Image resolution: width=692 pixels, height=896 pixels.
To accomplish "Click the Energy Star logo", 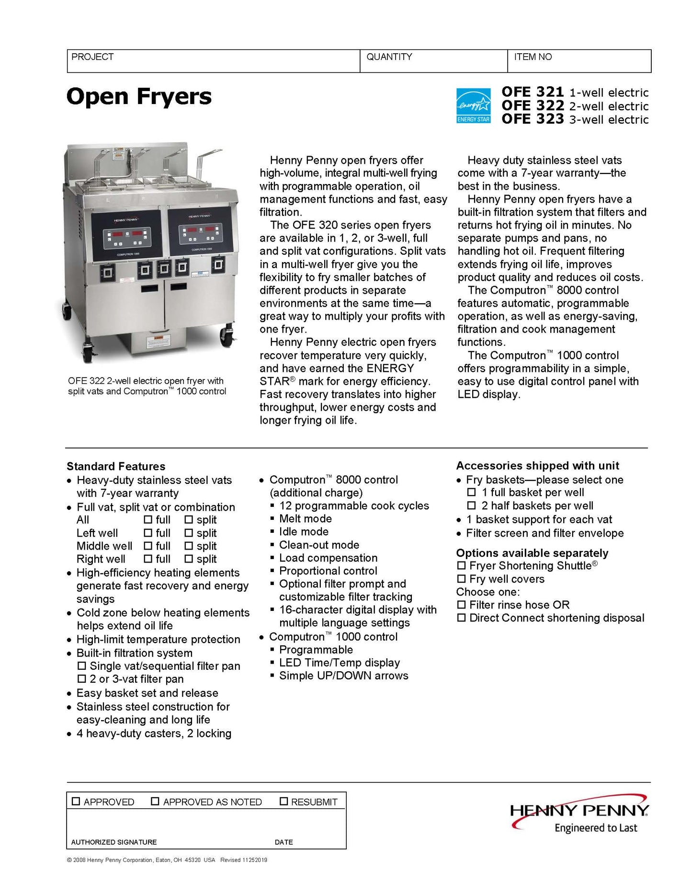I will coord(473,105).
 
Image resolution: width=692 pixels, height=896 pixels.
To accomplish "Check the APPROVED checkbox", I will coord(76,801).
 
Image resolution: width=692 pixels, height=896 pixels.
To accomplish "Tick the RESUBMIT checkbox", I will coord(284,801).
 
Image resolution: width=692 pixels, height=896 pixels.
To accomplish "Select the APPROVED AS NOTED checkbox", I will coord(155,801).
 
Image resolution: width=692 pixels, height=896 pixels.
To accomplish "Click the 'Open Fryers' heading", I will coord(139,96).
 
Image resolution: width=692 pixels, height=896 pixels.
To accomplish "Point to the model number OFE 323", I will coord(533,119).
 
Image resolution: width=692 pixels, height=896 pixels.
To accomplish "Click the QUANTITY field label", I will coord(389,57).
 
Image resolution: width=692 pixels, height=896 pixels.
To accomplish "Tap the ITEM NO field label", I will coord(533,57).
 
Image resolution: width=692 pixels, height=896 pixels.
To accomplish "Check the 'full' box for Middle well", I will coord(148,546).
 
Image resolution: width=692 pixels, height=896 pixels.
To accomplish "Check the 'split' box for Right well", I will coord(189,559).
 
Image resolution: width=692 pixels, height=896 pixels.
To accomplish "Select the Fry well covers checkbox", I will coord(461,579).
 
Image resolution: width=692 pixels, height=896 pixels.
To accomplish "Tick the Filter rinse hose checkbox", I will coord(461,605).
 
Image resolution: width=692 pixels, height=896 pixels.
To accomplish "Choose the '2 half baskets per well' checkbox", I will coord(472,505).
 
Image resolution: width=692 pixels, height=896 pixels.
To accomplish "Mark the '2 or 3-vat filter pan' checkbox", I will coord(82,679).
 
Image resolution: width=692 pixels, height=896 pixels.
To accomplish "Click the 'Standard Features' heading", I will coord(116,466).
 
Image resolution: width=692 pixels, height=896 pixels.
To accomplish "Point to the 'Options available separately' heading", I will coord(532,553).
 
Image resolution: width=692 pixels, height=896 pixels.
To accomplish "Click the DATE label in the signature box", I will coord(284,842).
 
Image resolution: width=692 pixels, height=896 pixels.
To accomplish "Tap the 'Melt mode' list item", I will coord(305,518).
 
